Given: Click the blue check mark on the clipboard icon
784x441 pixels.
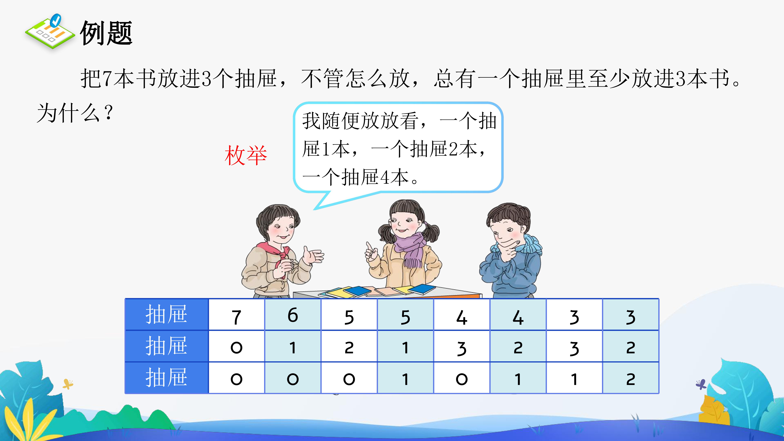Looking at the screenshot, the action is [55, 21].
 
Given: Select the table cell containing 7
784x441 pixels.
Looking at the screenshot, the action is [237, 315].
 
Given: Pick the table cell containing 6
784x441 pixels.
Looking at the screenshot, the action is [293, 315].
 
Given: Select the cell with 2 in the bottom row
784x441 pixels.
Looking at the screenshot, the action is [631, 378].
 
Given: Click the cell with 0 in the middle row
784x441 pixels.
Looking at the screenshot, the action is [237, 346].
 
